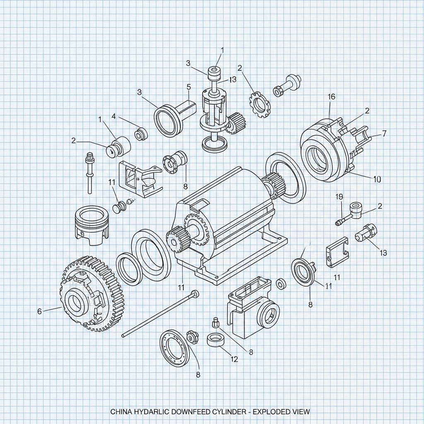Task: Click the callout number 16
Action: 331,97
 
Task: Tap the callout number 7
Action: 384,133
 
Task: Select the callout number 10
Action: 377,179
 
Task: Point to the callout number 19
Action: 339,196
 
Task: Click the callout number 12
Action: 234,359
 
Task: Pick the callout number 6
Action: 39,311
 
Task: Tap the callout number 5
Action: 189,87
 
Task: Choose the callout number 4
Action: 113,116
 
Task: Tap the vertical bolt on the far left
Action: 89,174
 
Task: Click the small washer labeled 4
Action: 141,134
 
